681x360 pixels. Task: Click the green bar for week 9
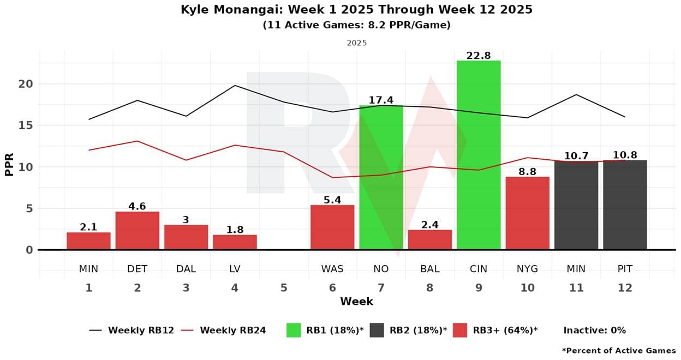pos(479,155)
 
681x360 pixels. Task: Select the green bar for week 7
pos(381,177)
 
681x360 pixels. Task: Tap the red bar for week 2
pos(137,230)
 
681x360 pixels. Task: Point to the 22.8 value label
pos(479,56)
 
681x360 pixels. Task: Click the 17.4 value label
pos(381,100)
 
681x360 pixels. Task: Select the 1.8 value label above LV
pos(235,230)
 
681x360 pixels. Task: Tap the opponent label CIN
pos(479,268)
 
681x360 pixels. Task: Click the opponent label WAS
pos(332,268)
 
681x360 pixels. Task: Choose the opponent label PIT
pos(625,268)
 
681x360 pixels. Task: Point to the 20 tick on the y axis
pos(25,84)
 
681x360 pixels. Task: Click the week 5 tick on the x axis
pos(283,287)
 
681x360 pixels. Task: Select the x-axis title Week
pos(356,301)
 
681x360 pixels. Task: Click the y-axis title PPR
pos(9,163)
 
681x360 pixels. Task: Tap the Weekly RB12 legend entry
pos(131,330)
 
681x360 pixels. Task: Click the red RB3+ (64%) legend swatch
pos(460,330)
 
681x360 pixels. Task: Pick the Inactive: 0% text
pos(594,330)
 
